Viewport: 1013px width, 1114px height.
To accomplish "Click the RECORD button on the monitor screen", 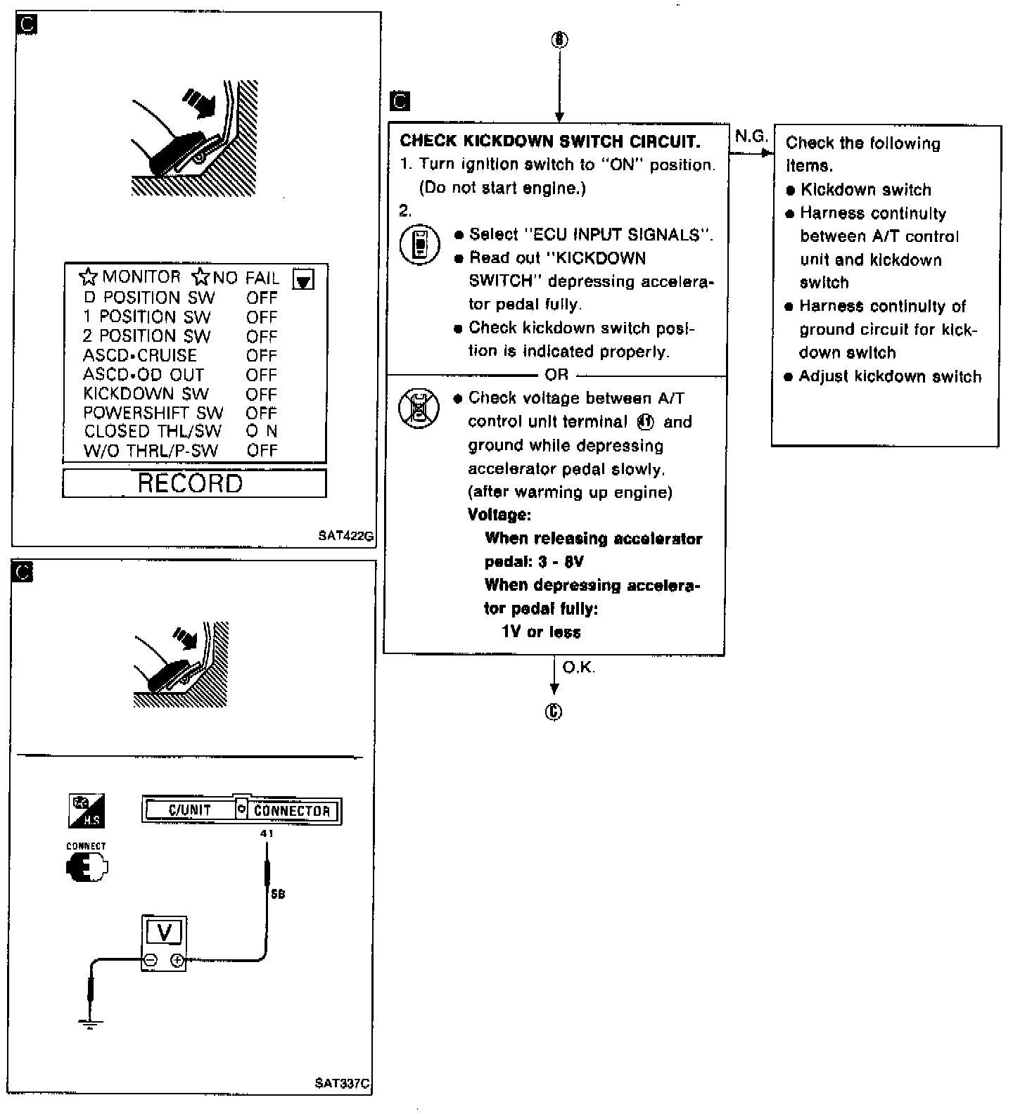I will (x=191, y=484).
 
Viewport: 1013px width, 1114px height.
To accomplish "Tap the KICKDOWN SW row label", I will (x=146, y=394).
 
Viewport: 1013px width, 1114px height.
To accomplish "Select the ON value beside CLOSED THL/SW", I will (x=262, y=431).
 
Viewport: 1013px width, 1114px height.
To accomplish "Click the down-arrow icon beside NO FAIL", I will (x=303, y=280).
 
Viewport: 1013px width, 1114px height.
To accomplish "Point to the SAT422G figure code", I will (x=345, y=536).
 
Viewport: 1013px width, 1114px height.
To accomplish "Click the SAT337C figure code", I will (x=343, y=1083).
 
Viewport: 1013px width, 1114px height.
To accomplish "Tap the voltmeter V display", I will (x=164, y=933).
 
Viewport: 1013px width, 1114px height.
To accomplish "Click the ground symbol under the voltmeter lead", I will (x=91, y=1023).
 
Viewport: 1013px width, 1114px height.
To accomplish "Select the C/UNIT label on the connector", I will (x=190, y=810).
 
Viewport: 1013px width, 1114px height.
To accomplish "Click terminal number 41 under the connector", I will (x=267, y=833).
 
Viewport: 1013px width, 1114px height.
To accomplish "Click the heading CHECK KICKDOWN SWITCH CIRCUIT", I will (x=549, y=141).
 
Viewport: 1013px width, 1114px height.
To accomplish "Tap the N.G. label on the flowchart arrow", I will (x=751, y=136).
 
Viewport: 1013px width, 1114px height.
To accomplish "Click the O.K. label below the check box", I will (x=579, y=667).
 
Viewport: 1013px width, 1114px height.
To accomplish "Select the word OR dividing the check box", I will (x=556, y=375).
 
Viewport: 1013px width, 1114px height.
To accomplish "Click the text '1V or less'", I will (x=541, y=632).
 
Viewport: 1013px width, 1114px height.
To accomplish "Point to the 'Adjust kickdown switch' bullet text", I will (x=890, y=376).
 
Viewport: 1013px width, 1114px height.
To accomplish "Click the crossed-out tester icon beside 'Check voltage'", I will (x=420, y=409).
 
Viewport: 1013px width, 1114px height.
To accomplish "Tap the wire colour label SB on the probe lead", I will (x=278, y=895).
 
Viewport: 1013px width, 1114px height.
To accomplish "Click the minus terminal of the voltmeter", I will (x=151, y=959).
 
